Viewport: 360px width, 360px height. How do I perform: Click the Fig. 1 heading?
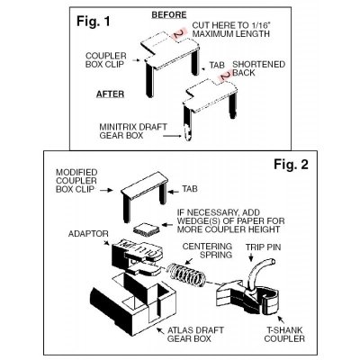point(94,21)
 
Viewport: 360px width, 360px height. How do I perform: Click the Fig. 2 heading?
point(291,164)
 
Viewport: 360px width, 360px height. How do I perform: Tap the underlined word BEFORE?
point(169,14)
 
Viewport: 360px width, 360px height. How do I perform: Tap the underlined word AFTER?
point(110,94)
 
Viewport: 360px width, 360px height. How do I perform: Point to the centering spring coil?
point(187,274)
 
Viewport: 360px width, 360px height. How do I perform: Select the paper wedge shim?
point(146,230)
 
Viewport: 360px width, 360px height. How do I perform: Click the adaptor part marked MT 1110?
point(138,256)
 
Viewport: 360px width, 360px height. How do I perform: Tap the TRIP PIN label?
point(264,247)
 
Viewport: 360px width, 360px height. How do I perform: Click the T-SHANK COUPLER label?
point(284,335)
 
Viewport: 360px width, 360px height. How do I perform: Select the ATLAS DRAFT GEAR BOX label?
point(195,335)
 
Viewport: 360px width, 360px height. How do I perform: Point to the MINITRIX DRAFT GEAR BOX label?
point(133,131)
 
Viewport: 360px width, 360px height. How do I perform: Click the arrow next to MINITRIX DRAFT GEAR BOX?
point(173,136)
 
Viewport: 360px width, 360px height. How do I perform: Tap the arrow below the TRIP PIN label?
point(251,257)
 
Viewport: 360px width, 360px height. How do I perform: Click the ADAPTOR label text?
point(88,234)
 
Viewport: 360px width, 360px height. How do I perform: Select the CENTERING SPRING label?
point(207,250)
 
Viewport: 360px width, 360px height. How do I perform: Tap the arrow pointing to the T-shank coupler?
point(281,319)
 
